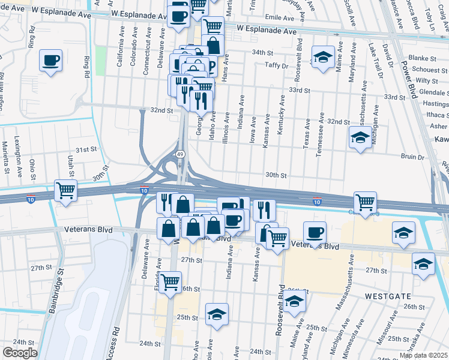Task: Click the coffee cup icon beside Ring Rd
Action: click(50, 60)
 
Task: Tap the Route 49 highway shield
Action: click(180, 154)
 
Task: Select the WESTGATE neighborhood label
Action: click(386, 296)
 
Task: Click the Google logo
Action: click(20, 353)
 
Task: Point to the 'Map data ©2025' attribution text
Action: click(423, 355)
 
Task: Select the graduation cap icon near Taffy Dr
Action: click(323, 58)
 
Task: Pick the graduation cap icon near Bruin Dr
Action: click(360, 138)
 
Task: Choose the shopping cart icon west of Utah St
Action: click(65, 190)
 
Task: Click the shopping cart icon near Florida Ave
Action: click(170, 280)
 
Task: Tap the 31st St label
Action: click(86, 149)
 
